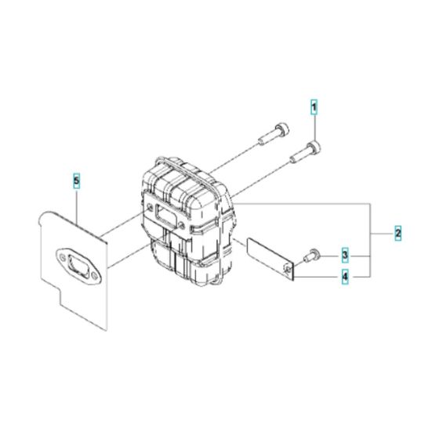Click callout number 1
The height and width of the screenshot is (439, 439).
(314, 107)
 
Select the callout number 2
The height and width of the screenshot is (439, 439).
(398, 233)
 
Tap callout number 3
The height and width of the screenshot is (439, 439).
(344, 256)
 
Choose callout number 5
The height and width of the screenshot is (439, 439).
(76, 181)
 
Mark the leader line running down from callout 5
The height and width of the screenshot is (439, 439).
(77, 200)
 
